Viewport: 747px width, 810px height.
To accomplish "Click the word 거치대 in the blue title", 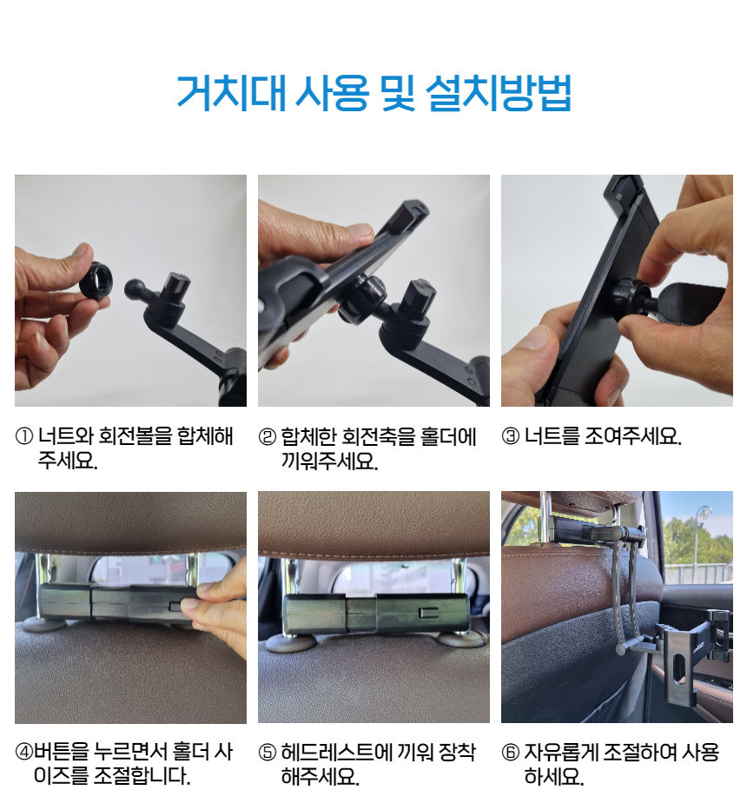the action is (231, 94).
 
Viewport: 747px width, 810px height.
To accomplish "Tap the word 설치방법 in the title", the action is (499, 94).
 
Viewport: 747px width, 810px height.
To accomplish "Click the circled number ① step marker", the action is (24, 436).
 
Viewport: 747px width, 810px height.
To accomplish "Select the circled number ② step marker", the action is (268, 437).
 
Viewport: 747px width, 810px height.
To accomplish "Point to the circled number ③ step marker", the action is (511, 436).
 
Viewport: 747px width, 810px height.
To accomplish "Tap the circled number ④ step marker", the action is (24, 752).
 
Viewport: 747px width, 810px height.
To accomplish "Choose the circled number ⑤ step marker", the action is (268, 753).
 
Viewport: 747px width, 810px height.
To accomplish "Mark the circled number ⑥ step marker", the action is (511, 752).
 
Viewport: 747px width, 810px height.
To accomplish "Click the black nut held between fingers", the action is (96, 281).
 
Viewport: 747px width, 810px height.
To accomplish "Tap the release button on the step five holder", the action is (428, 613).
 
